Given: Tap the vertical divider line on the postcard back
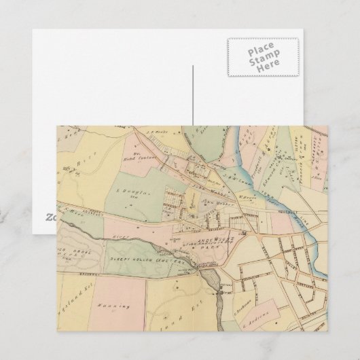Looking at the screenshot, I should tap(192, 95).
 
